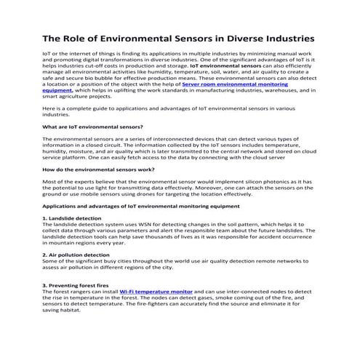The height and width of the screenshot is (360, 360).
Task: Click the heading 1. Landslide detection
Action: (x=72, y=217)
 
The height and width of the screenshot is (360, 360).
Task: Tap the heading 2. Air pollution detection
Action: (x=76, y=255)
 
